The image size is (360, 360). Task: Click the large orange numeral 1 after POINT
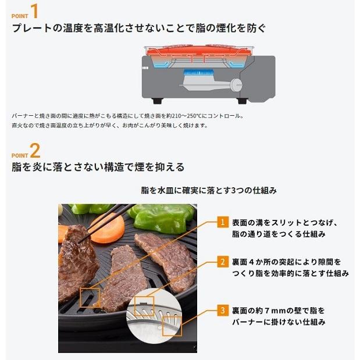pyautogui.click(x=34, y=12)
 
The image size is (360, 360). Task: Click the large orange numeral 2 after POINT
pyautogui.click(x=35, y=152)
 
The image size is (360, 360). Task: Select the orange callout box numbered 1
pyautogui.click(x=221, y=222)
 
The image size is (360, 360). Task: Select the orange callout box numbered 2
pyautogui.click(x=221, y=262)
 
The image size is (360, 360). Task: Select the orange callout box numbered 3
pyautogui.click(x=221, y=311)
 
